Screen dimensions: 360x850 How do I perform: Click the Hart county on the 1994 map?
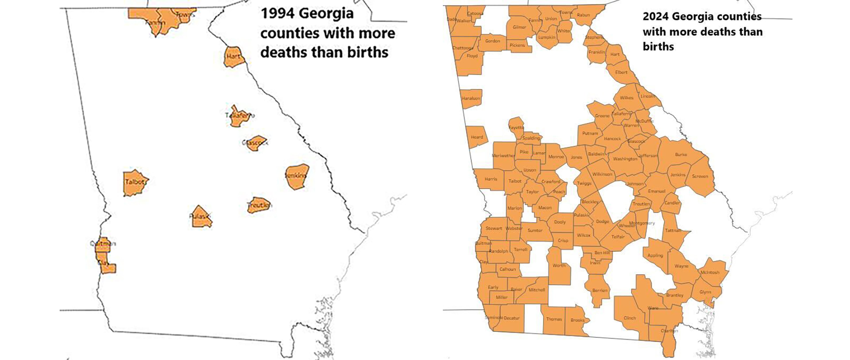[234, 57]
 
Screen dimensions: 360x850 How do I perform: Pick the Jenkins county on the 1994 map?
[297, 176]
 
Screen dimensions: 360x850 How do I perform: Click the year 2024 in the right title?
[655, 17]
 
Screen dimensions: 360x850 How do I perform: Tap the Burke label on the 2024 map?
[681, 154]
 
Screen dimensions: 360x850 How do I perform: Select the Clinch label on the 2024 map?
[630, 318]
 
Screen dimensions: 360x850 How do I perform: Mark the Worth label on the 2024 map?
[559, 265]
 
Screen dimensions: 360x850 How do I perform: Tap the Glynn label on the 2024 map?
[705, 292]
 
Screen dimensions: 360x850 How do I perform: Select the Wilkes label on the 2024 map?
[626, 98]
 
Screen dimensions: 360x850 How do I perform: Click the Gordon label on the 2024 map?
[492, 41]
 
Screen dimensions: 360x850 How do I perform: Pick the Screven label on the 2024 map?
[700, 176]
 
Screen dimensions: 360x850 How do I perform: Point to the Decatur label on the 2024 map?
[512, 318]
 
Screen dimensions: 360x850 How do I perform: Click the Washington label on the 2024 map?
[625, 159]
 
